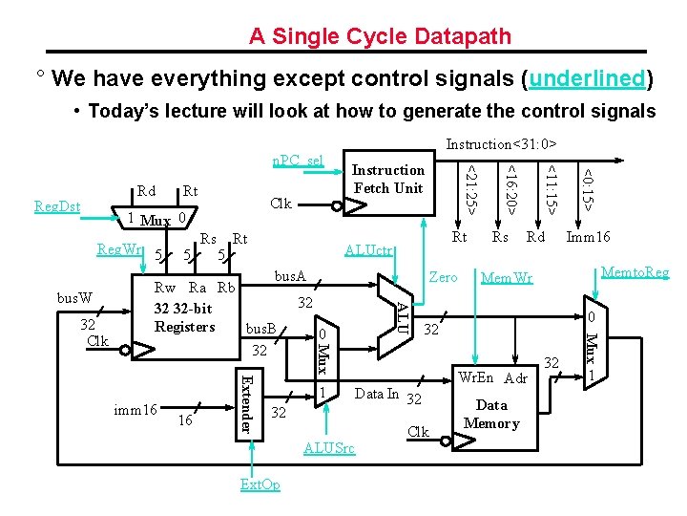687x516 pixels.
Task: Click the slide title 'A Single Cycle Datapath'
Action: (380, 36)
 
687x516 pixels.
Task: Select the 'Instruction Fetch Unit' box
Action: (388, 179)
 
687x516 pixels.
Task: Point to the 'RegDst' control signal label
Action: (57, 205)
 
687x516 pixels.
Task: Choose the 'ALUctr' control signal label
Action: (370, 251)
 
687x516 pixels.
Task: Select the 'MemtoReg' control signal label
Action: (635, 273)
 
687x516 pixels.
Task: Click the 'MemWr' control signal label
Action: (506, 280)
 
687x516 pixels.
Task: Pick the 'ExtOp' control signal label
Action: (260, 484)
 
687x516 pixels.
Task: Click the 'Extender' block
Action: (245, 404)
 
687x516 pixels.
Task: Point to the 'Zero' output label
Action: (444, 277)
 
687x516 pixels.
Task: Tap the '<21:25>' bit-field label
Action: (469, 187)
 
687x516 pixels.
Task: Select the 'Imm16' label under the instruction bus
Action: (589, 238)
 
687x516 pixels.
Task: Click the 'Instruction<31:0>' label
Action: (502, 144)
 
